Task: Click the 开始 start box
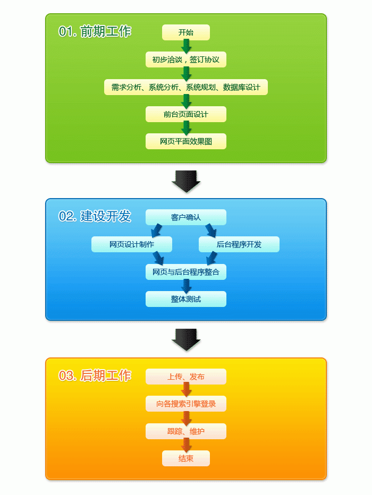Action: click(x=185, y=32)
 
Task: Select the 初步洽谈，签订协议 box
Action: click(x=185, y=59)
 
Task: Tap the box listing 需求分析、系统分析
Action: click(x=185, y=87)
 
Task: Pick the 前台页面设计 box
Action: click(x=185, y=114)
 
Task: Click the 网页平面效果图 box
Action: click(x=185, y=141)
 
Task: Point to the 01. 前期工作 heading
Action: click(x=95, y=31)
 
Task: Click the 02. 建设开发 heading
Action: click(x=95, y=216)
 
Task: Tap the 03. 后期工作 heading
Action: click(x=95, y=375)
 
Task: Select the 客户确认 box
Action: click(x=185, y=217)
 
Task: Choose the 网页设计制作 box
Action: click(x=132, y=244)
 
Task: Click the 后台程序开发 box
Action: click(x=239, y=244)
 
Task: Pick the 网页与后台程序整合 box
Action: click(x=185, y=272)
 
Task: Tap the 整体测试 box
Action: click(x=185, y=299)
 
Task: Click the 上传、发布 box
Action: click(x=185, y=377)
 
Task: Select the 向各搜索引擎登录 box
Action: click(x=185, y=404)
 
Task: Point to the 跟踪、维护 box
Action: click(x=185, y=431)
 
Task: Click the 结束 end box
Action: click(x=185, y=458)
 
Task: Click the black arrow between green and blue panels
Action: click(x=185, y=181)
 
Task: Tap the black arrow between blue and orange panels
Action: click(x=185, y=340)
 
